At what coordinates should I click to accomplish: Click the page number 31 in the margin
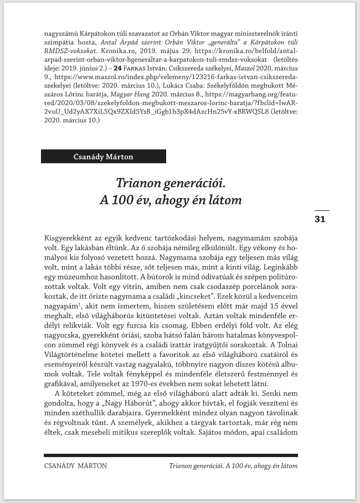point(320,219)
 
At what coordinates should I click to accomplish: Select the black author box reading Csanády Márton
point(103,157)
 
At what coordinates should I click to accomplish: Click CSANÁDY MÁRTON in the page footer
point(75,465)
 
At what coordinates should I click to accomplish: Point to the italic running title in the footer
point(233,465)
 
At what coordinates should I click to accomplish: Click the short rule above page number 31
point(321,211)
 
